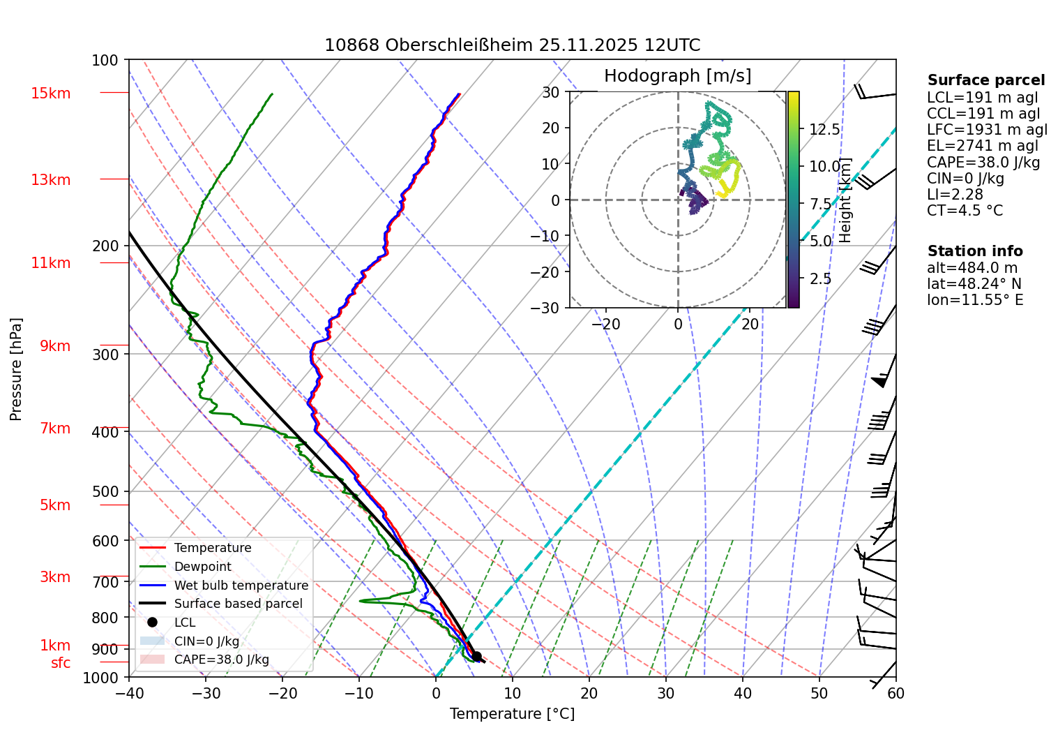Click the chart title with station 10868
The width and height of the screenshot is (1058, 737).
click(512, 45)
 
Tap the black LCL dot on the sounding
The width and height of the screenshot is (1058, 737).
click(477, 657)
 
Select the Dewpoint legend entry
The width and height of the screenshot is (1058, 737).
click(202, 567)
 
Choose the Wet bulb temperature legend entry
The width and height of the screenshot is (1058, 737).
click(241, 586)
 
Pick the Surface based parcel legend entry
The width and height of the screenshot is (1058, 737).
click(238, 604)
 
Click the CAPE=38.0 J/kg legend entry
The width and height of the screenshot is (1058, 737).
click(221, 660)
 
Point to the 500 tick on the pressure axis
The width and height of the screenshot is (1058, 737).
click(106, 491)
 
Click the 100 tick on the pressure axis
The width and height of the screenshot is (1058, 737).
click(105, 61)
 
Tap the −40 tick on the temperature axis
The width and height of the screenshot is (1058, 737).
click(129, 693)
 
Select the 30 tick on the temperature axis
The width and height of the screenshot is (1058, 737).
click(666, 693)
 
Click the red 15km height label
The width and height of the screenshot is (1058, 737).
click(51, 94)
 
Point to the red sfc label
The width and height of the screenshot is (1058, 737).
click(61, 663)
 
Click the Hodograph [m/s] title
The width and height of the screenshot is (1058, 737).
click(677, 76)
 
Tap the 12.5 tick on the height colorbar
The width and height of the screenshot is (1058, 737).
click(824, 130)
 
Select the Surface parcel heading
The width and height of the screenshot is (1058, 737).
click(985, 80)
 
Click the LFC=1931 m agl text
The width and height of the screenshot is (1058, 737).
click(987, 130)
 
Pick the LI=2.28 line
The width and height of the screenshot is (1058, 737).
click(955, 195)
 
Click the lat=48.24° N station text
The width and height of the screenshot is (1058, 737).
click(974, 284)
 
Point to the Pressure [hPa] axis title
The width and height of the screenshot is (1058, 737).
click(16, 369)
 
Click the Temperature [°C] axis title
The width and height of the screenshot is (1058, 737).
click(512, 714)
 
